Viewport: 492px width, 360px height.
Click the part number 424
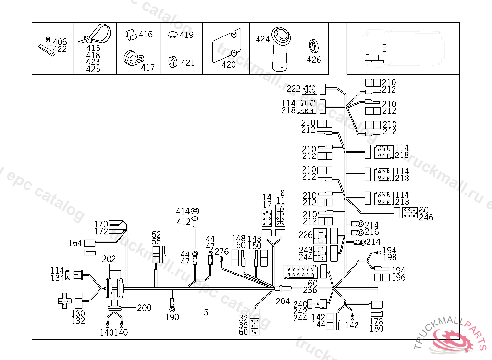263,39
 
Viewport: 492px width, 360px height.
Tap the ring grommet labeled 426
314,47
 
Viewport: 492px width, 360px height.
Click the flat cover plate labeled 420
225,47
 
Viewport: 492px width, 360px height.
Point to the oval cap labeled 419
173,35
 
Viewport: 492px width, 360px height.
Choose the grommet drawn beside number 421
173,62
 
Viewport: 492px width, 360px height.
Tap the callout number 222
294,88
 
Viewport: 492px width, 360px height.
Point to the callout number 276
221,252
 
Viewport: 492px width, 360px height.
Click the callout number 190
172,317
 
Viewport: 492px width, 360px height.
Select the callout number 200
144,308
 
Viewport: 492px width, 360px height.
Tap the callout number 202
109,259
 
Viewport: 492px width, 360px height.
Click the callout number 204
283,301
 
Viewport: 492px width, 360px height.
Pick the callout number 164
75,243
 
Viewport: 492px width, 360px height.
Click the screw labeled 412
195,221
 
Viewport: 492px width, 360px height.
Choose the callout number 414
183,211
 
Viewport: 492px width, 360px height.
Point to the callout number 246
426,217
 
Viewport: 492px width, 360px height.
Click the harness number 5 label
206,312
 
